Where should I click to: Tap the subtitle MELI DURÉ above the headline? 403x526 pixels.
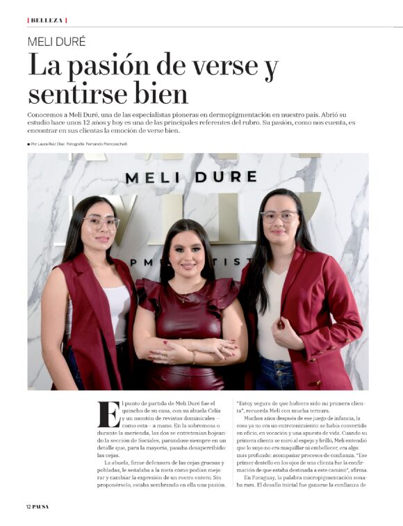[56, 42]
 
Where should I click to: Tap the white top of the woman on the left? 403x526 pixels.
[118, 306]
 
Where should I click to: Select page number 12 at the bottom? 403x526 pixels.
[29, 506]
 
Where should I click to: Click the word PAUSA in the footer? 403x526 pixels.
[41, 506]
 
